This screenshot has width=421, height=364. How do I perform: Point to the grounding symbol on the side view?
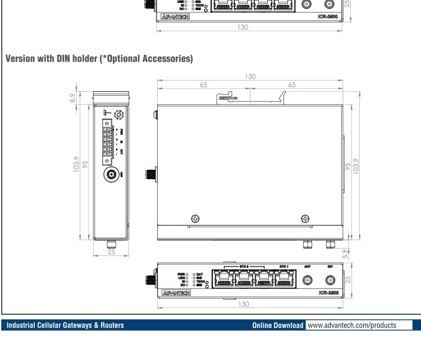[105, 113]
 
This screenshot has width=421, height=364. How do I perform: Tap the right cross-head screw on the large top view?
[305, 218]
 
